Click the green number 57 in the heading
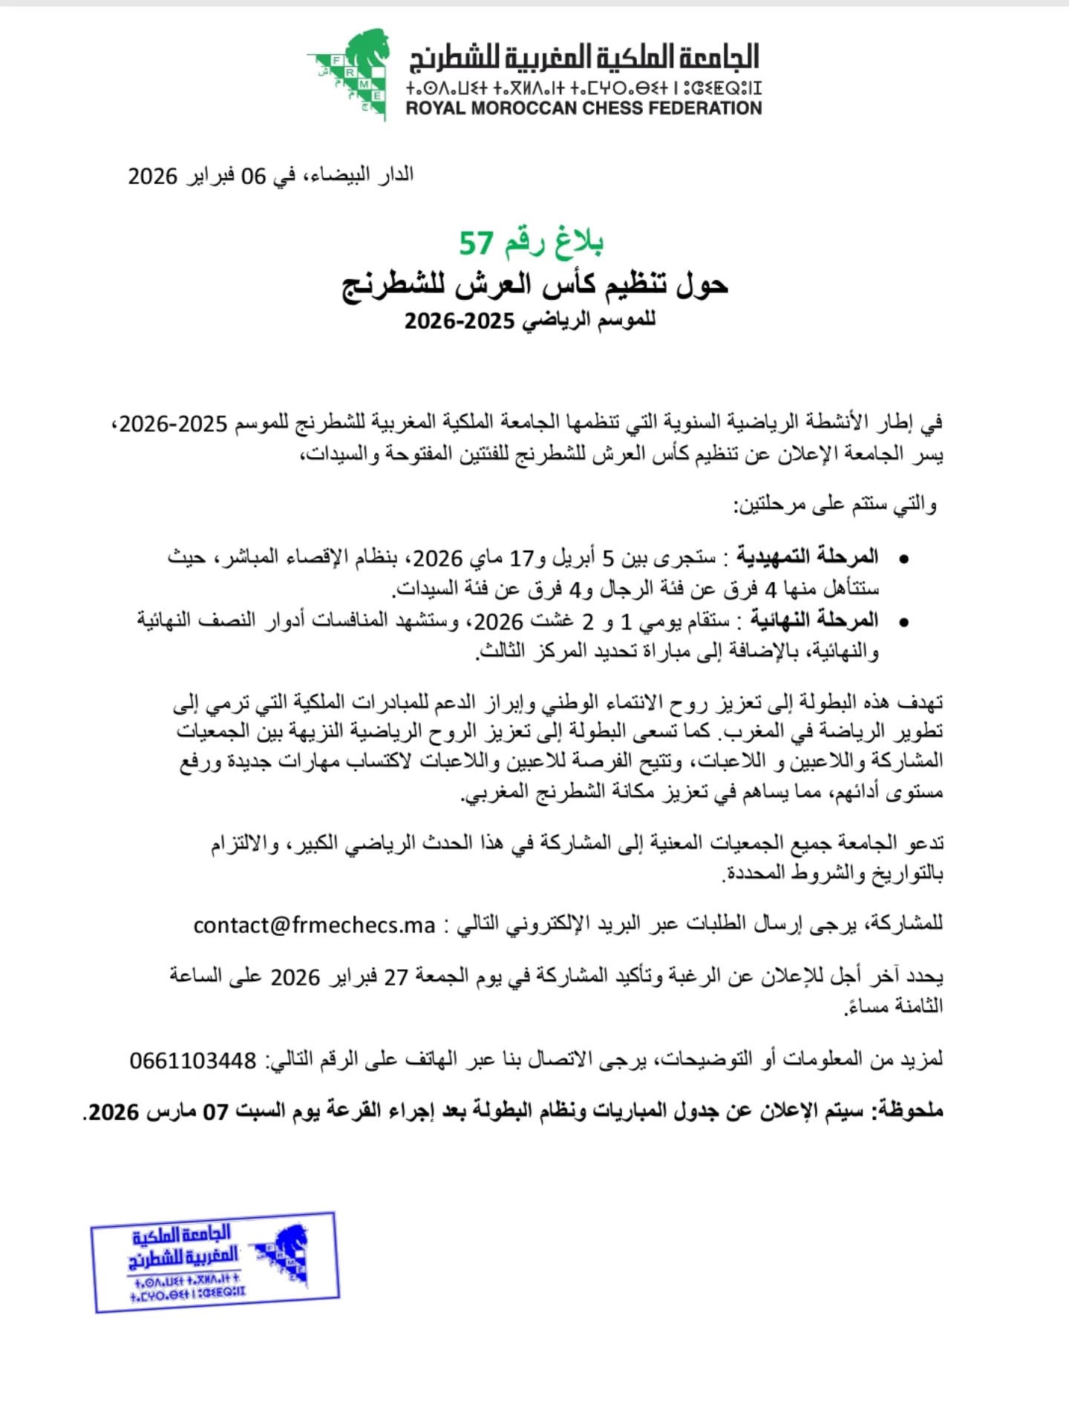point(476,243)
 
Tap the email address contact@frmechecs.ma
point(314,926)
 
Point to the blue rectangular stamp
point(215,1262)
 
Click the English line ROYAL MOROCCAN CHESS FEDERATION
point(583,108)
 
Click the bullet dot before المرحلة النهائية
point(903,622)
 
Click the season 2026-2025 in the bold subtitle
point(460,321)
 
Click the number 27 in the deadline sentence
point(396,977)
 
